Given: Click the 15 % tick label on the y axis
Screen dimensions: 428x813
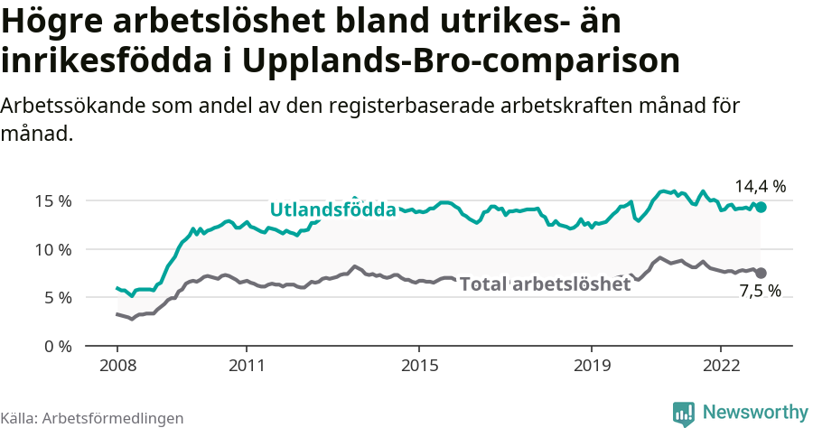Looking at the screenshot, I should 52,200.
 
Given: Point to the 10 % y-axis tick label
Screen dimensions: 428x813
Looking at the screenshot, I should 52,249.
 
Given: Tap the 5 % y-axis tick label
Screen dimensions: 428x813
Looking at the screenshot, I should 56,297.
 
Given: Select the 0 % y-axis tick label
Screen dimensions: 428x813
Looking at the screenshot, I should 56,346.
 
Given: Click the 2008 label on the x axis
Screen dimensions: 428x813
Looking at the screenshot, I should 117,366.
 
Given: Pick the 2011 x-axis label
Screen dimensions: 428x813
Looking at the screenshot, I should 247,366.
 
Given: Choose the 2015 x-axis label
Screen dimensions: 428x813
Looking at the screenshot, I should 419,366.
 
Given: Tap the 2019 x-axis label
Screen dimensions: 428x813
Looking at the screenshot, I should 592,366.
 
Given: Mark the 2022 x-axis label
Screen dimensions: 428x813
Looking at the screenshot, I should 721,366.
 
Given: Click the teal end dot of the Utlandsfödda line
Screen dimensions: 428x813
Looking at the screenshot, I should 761,207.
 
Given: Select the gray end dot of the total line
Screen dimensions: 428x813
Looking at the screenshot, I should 761,273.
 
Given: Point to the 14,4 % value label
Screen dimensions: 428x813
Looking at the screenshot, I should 760,187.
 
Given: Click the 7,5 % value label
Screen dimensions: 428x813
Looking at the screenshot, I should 760,292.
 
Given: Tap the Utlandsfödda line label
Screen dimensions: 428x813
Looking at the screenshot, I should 333,210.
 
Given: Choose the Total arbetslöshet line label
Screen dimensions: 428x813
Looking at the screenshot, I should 545,284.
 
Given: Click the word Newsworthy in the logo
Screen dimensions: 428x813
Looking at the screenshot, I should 755,412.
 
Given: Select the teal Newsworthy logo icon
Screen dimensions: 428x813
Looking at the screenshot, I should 684,413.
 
